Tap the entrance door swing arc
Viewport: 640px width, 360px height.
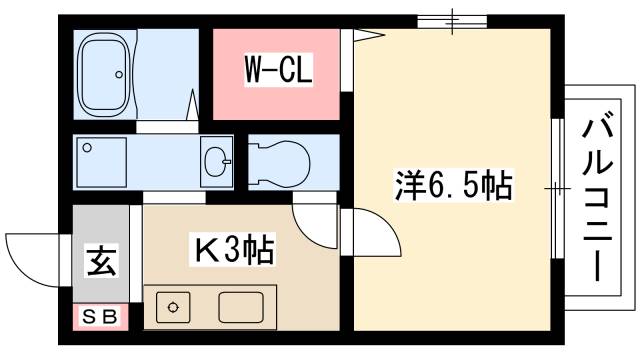pos(30,255)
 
